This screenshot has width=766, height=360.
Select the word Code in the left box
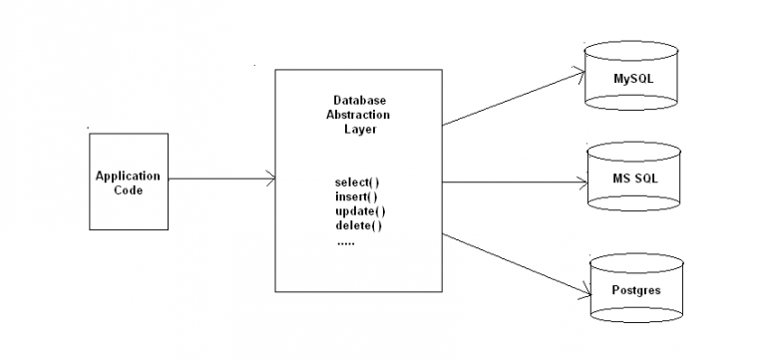coord(128,189)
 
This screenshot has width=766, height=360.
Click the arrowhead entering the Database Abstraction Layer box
coord(270,180)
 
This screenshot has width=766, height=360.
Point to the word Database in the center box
coord(359,101)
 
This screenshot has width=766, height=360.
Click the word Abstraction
coord(359,115)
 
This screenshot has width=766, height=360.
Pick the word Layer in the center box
coord(359,129)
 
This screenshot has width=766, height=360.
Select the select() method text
coord(357,182)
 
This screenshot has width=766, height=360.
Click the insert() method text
coord(357,196)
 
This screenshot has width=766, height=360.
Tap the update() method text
coord(359,210)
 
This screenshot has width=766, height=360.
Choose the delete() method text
coord(358,224)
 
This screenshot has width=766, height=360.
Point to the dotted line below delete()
coord(345,240)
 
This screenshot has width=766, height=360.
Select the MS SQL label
coord(633,179)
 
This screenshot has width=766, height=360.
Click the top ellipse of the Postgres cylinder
coord(636,262)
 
